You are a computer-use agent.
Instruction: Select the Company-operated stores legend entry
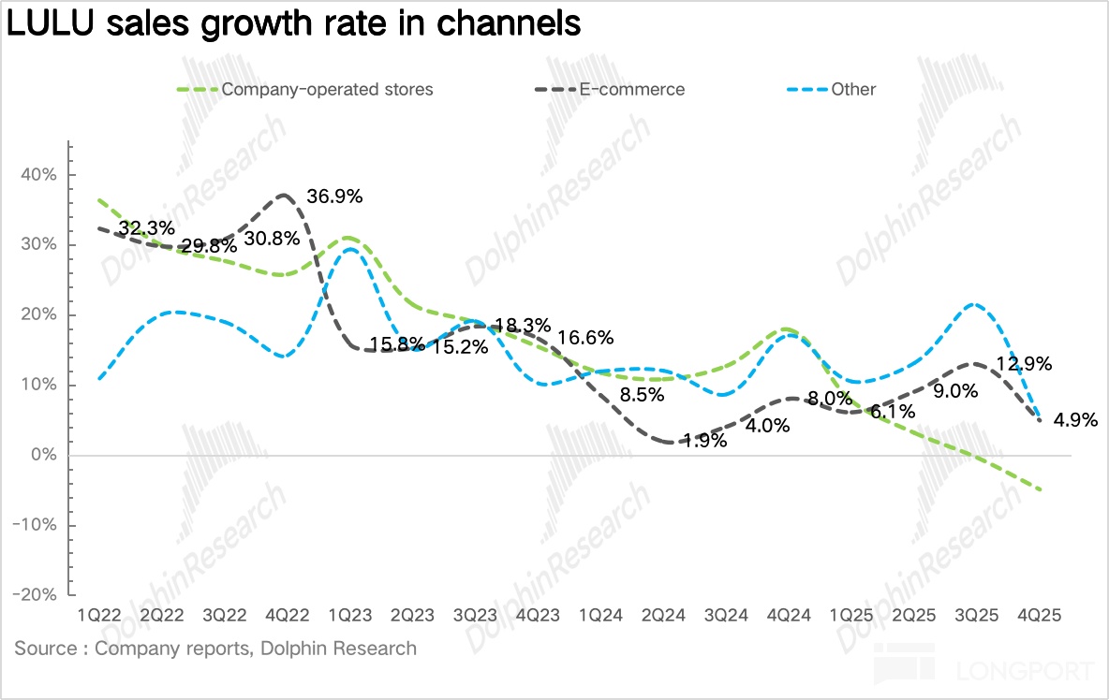[327, 90]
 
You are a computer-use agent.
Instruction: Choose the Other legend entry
[852, 90]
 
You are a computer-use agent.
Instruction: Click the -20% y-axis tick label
[35, 595]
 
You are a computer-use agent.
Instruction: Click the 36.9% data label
[334, 197]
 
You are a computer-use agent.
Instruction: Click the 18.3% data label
[522, 325]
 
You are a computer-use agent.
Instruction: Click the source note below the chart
[215, 648]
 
